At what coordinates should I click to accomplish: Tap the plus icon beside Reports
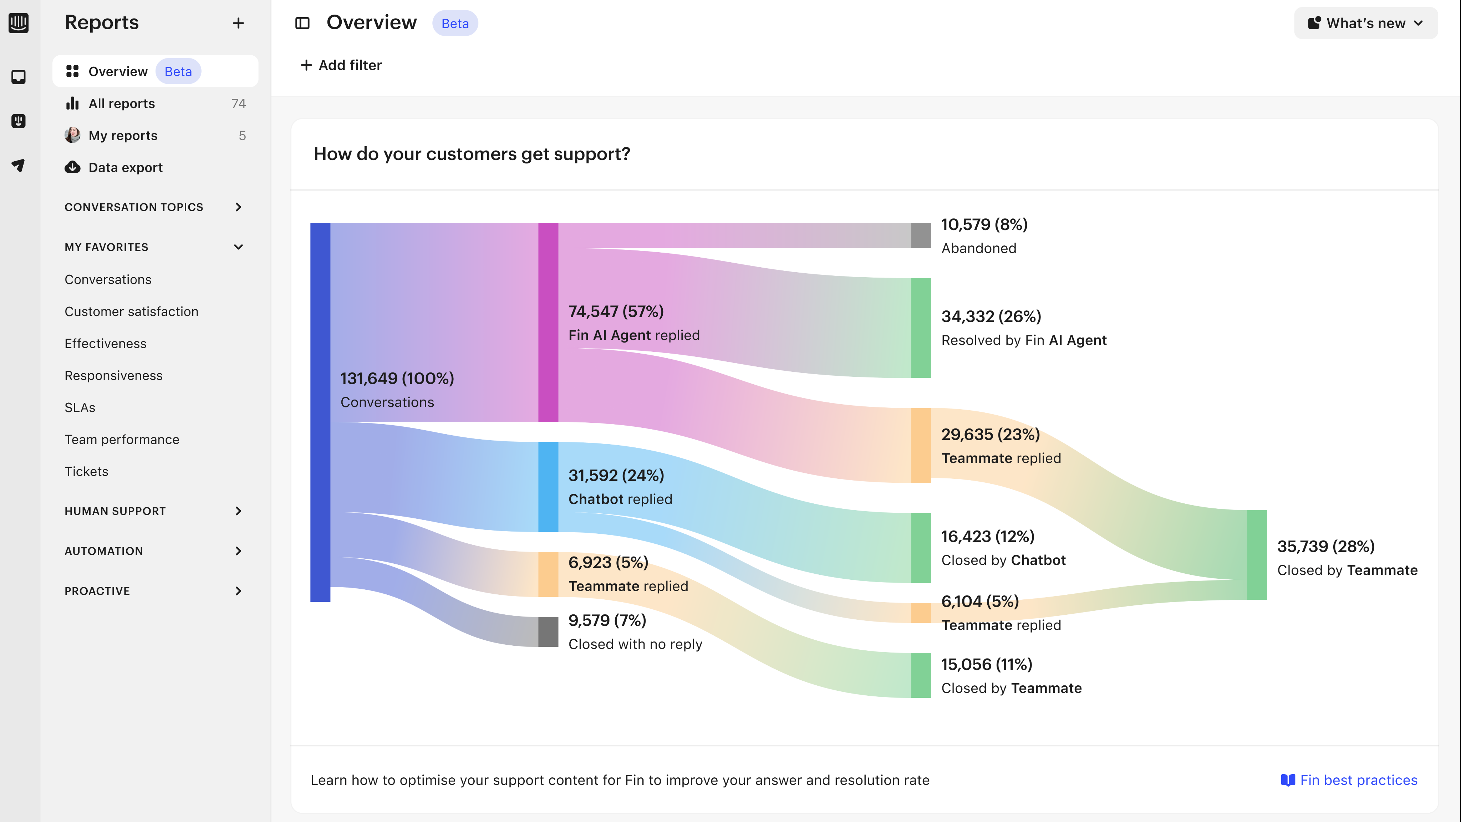[238, 23]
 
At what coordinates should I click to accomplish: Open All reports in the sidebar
[121, 103]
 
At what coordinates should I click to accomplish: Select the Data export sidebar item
[125, 167]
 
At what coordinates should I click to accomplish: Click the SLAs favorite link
[80, 407]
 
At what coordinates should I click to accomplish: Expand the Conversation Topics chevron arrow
[238, 207]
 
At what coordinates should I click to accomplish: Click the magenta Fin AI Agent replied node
[548, 322]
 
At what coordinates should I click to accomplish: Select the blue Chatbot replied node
[548, 487]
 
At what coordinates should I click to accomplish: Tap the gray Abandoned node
[921, 235]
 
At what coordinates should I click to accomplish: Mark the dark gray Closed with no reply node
[548, 631]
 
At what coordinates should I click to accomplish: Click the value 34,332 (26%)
[991, 316]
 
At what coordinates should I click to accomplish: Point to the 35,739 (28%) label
[1325, 546]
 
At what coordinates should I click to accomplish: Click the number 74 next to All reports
[238, 103]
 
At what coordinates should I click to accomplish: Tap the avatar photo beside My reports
[72, 135]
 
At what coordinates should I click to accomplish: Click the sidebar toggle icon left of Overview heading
[302, 23]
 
